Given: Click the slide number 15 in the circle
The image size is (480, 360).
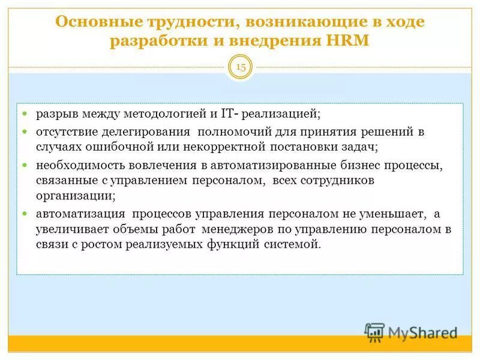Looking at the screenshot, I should [241, 67].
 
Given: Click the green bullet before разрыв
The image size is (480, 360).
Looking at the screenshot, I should [25, 113].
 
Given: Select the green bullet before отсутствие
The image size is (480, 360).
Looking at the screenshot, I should [25, 131].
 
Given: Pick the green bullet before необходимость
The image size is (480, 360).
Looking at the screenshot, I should [25, 164].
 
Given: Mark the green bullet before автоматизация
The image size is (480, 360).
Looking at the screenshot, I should [25, 213].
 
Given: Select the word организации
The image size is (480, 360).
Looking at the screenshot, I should [74, 196].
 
